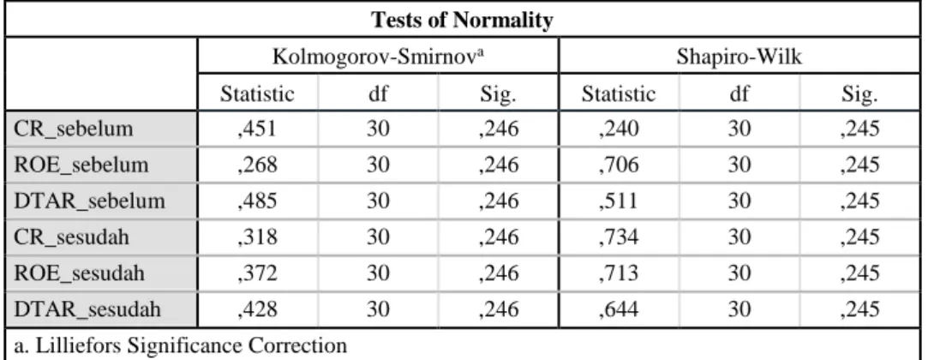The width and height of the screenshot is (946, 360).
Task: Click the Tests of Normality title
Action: [462, 21]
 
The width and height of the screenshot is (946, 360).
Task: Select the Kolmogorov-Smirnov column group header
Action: [379, 57]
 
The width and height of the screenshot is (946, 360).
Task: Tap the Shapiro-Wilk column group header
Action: [739, 57]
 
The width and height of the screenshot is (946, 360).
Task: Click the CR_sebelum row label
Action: [73, 129]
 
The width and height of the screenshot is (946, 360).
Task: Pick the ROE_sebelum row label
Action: [81, 165]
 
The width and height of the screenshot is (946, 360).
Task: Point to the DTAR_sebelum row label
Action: [89, 201]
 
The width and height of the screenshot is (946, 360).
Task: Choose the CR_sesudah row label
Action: [71, 237]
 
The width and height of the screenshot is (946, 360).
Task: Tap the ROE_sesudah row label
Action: [79, 273]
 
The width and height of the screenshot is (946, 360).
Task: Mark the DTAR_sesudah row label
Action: [87, 309]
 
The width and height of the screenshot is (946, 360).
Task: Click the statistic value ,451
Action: [257, 129]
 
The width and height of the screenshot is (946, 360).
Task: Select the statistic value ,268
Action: [257, 165]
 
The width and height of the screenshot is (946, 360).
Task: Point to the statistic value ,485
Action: [257, 201]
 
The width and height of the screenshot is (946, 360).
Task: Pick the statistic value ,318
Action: [257, 237]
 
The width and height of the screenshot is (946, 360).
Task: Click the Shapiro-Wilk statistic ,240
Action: [619, 129]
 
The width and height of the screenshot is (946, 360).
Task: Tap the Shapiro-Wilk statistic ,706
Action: [619, 165]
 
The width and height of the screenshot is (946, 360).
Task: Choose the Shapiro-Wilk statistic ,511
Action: [619, 201]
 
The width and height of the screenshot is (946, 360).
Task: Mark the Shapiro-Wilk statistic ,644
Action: [619, 309]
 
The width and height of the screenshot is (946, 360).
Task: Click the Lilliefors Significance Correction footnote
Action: [181, 346]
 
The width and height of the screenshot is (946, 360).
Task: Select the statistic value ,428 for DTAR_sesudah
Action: [257, 309]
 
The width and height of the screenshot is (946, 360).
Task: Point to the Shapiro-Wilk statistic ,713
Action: [619, 273]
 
